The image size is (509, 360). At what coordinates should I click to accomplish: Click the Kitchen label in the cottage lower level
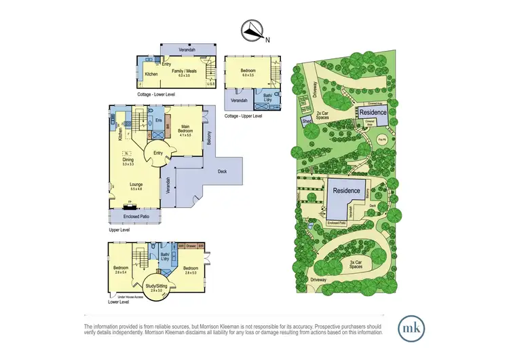pos(151,74)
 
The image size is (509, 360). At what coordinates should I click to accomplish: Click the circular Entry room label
pos(158,153)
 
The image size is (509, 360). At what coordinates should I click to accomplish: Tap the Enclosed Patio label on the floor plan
pos(134,217)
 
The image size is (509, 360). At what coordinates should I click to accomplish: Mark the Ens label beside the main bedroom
pos(158,122)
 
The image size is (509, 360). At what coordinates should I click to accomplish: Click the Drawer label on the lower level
pos(190,246)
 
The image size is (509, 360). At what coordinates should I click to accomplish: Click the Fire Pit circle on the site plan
pos(382,140)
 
